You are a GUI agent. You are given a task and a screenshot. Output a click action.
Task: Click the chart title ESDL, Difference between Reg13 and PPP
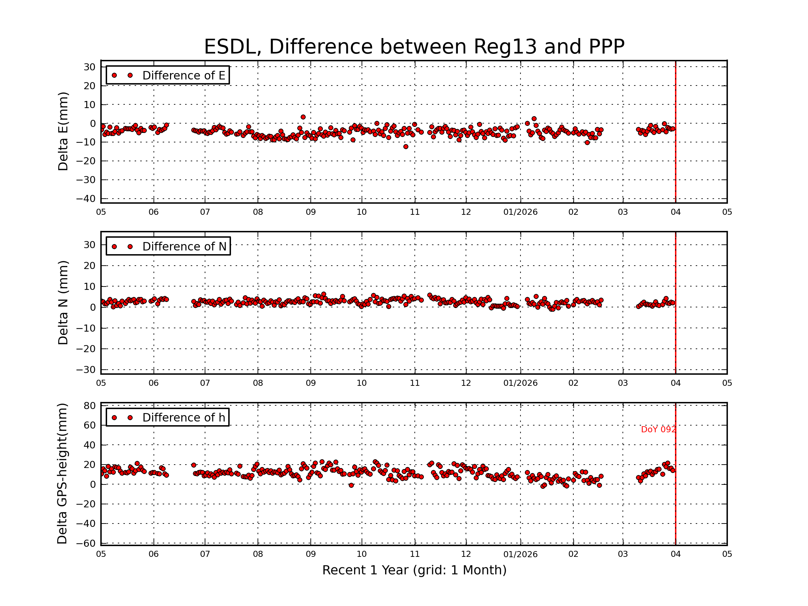click(x=414, y=47)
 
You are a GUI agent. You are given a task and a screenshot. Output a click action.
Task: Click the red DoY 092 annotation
click(x=658, y=430)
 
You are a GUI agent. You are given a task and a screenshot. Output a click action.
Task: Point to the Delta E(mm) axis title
click(x=63, y=131)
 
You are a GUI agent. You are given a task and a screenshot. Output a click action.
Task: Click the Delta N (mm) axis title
click(x=63, y=302)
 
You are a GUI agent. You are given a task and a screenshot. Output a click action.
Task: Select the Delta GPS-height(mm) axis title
click(x=63, y=473)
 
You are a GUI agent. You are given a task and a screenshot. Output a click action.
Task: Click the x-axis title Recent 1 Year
click(x=414, y=570)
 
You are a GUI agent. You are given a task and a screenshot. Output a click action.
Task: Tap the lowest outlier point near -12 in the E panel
click(x=405, y=147)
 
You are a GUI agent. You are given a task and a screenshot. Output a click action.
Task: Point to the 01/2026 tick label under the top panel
click(x=520, y=212)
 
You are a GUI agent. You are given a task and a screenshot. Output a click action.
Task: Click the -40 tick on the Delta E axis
click(x=86, y=199)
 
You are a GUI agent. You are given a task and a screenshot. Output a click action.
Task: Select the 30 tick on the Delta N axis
click(x=90, y=245)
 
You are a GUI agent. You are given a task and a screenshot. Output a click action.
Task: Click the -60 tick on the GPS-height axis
click(x=86, y=543)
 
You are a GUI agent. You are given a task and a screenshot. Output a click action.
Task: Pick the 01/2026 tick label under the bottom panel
click(x=520, y=554)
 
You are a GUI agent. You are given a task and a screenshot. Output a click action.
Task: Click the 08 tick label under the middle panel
click(x=258, y=383)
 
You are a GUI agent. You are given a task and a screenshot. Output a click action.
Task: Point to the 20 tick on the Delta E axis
click(x=90, y=86)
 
